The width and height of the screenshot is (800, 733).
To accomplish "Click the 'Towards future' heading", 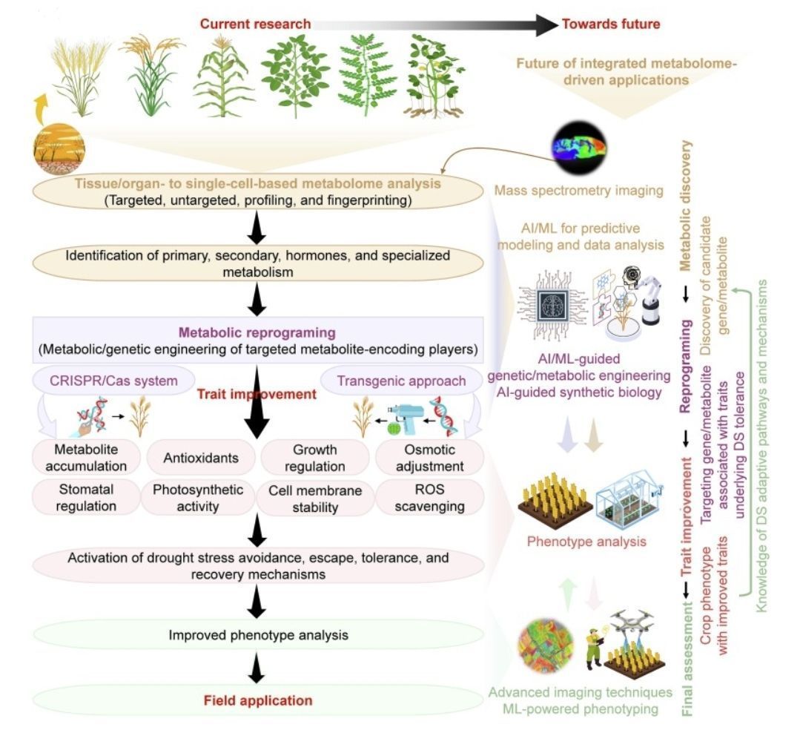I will (610, 24).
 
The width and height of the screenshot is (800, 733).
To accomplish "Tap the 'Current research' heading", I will (255, 24).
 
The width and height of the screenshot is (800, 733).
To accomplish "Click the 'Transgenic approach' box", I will (401, 381).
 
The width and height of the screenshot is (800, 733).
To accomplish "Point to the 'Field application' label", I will (259, 700).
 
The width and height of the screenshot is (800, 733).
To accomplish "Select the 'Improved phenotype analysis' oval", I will (259, 635).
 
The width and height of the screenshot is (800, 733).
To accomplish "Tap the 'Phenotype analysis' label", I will (586, 541).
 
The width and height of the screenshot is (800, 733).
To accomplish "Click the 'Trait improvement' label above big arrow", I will (256, 395).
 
